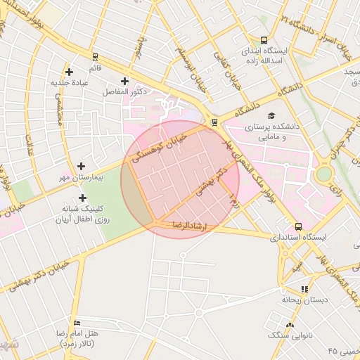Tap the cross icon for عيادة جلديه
coord(69,72)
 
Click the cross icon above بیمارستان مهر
coord(82,167)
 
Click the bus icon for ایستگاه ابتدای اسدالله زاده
coord(264,40)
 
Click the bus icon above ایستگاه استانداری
coord(298,226)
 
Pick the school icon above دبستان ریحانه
coord(304,288)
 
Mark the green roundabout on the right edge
coord(323,174)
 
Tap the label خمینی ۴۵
coord(342,350)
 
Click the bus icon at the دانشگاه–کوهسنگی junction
coord(214,122)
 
